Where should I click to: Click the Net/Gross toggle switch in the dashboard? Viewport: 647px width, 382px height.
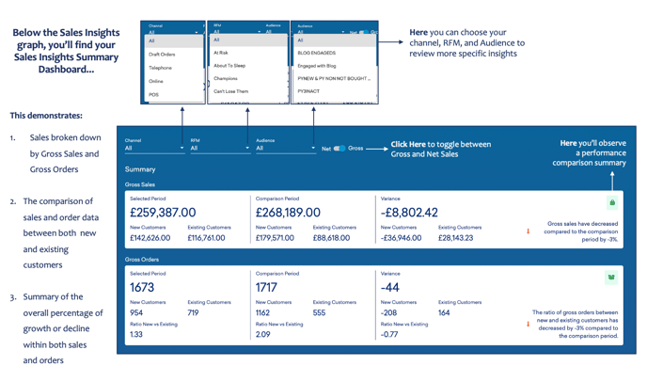[339, 148]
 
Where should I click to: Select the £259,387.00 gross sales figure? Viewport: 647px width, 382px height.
[163, 213]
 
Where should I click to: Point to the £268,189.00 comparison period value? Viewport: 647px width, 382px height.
[288, 213]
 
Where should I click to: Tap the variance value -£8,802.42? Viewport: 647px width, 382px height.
[409, 213]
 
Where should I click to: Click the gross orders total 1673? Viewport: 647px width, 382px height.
[142, 287]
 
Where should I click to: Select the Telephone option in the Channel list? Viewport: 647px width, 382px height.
[160, 68]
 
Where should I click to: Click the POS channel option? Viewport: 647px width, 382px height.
[153, 94]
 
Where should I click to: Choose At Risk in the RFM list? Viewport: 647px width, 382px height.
[221, 53]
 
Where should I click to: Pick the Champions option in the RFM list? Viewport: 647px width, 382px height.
[226, 79]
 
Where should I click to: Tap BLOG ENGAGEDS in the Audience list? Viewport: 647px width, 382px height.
[317, 53]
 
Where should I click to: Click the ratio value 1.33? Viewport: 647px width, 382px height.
[136, 334]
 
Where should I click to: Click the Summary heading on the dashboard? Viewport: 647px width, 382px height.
[140, 169]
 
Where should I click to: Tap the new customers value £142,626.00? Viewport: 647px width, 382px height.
[150, 238]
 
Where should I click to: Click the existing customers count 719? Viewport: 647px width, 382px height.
[193, 312]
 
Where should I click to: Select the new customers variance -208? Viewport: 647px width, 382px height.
[389, 312]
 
